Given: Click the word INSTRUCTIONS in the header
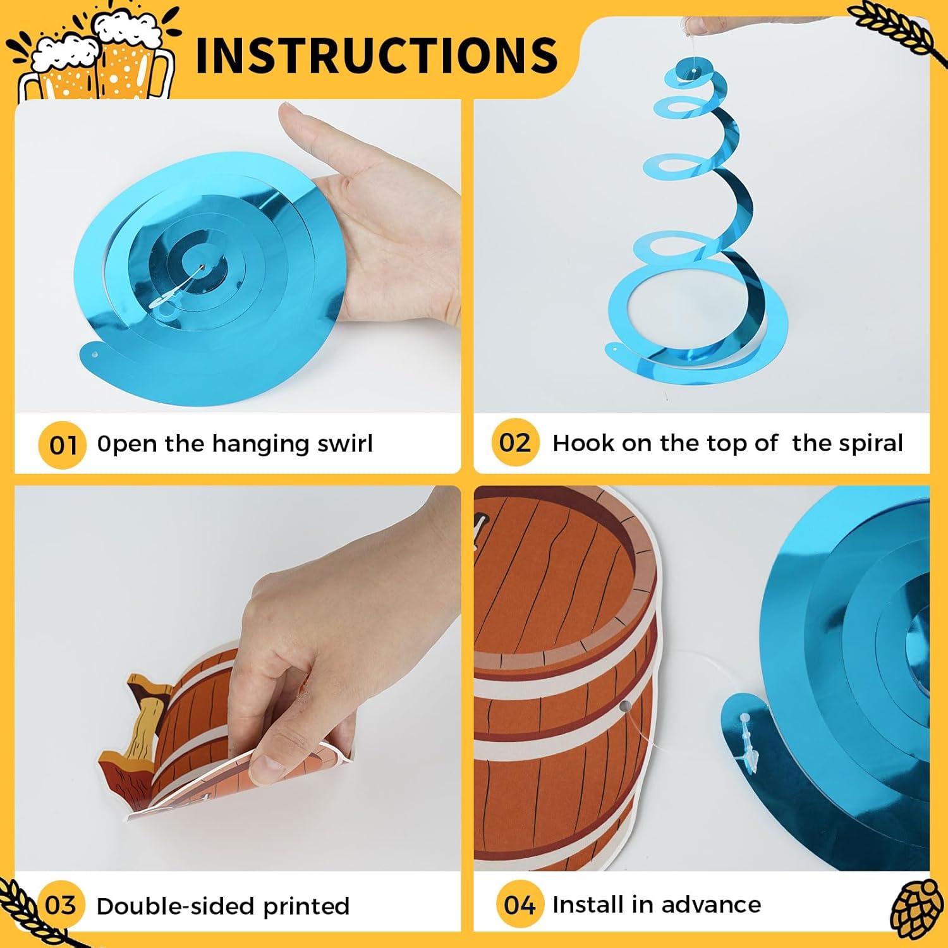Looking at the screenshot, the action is [x=377, y=55].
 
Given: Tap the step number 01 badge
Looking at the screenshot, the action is [x=62, y=445].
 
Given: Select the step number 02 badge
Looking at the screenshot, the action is [x=515, y=442].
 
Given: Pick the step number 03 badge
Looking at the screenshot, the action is [x=61, y=905].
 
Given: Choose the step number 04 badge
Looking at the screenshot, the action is [x=520, y=904].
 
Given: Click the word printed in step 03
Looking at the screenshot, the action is [x=307, y=907].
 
